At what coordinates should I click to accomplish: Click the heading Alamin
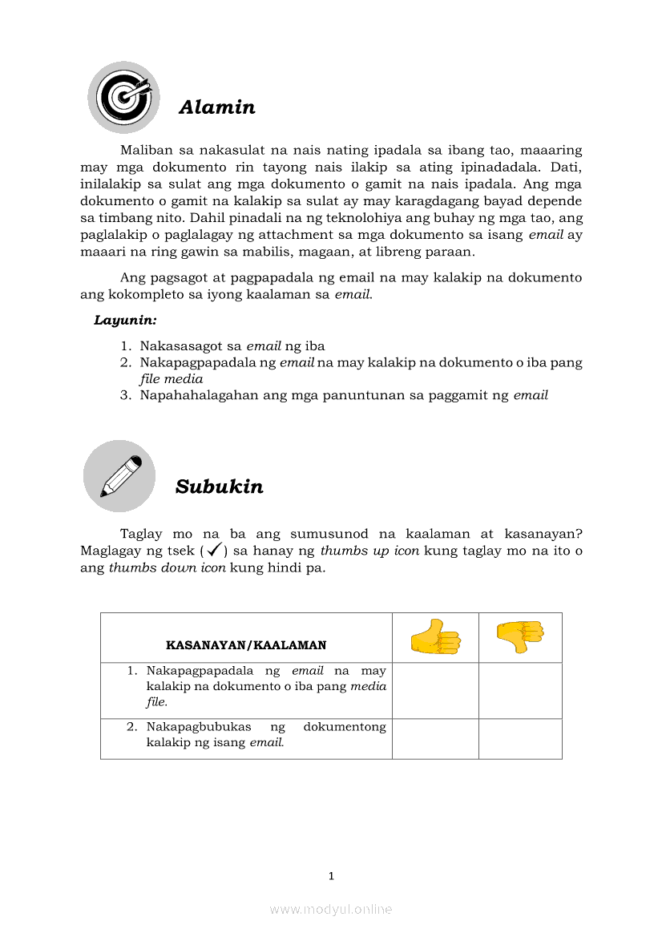click(216, 107)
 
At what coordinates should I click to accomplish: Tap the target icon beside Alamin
click(123, 97)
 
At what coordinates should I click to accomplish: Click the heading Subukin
click(219, 487)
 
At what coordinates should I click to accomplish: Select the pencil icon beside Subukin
click(119, 475)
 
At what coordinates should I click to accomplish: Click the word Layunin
click(125, 321)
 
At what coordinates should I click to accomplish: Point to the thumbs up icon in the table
click(435, 638)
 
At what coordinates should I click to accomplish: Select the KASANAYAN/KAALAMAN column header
click(245, 644)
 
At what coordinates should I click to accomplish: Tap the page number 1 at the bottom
click(331, 876)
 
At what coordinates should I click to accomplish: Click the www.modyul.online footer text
click(331, 909)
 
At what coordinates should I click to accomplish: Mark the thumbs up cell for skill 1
click(435, 690)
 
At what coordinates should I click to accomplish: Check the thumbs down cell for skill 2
click(520, 738)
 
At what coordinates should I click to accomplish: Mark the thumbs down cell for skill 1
click(520, 690)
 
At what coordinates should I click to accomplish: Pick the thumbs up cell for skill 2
click(435, 738)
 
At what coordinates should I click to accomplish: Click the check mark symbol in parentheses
click(214, 551)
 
